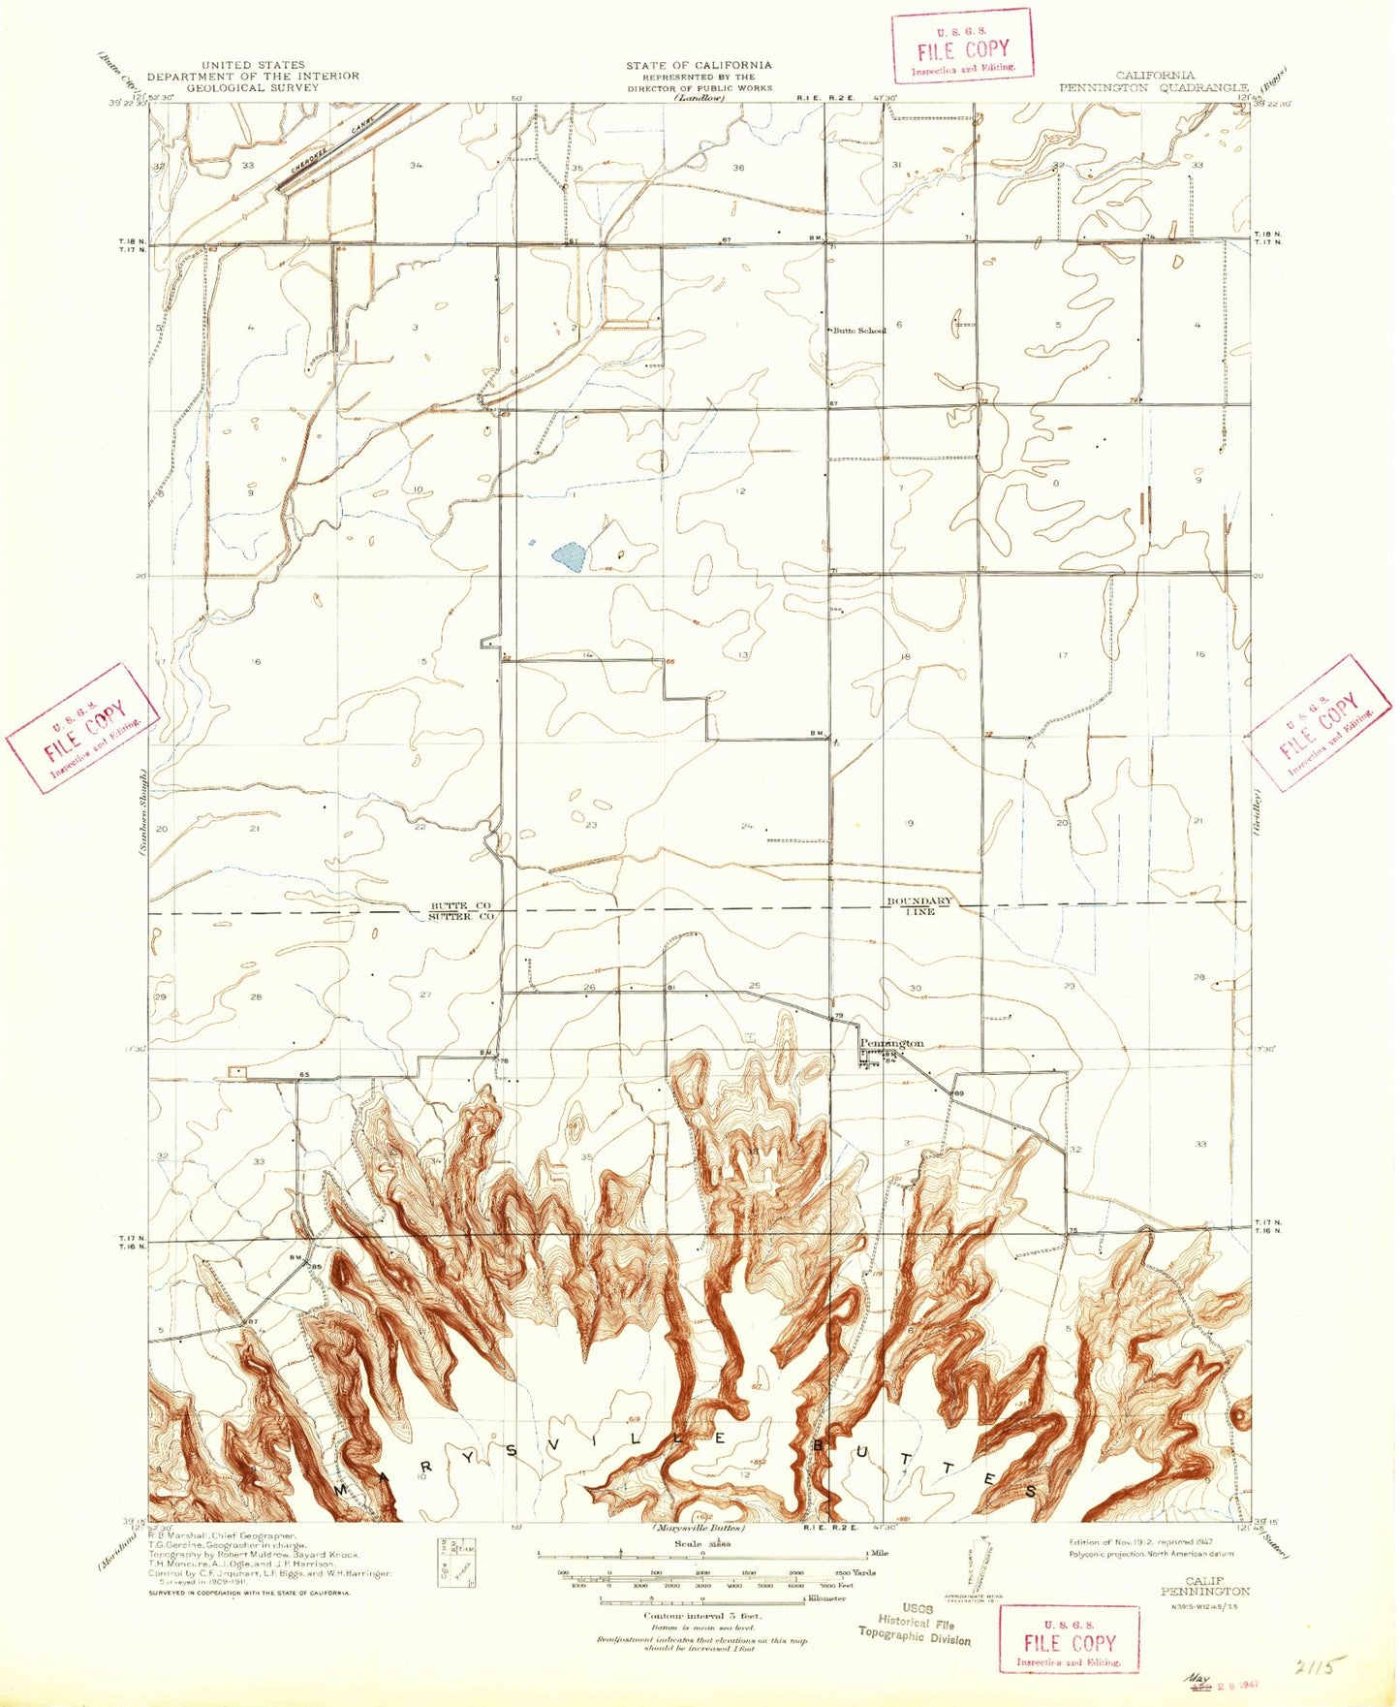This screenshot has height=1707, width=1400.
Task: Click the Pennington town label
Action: (892, 1043)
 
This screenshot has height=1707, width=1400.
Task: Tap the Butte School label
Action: (859, 331)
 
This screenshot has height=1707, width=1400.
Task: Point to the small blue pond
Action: (568, 556)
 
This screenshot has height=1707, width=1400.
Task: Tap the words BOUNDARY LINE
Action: (919, 905)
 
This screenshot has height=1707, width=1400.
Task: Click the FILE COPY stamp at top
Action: (962, 47)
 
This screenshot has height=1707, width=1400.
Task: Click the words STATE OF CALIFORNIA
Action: (699, 66)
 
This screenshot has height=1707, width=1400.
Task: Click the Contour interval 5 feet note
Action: (702, 1616)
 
